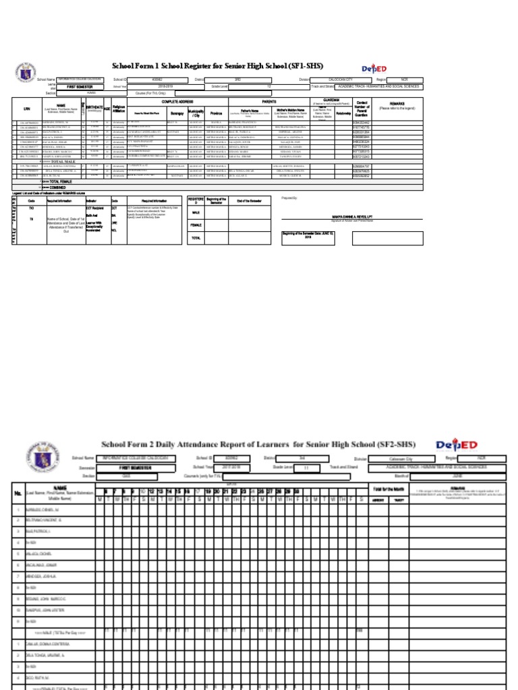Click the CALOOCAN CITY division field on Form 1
340,80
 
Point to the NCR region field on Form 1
405,80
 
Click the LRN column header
27,108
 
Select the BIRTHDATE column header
94,106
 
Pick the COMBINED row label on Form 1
55,187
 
